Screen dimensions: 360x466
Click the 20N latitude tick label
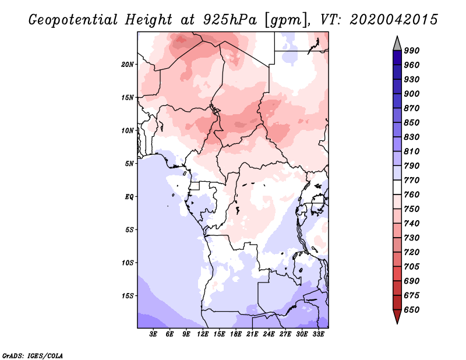coord(128,64)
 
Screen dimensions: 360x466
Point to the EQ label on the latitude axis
coord(129,196)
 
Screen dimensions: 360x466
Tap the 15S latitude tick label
coord(128,295)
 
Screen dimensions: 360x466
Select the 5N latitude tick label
coord(129,163)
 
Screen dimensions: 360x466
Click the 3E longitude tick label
coord(154,334)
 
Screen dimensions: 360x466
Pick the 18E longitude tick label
coord(236,334)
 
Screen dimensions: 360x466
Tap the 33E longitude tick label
coord(318,334)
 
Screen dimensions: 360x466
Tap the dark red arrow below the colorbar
coord(397,317)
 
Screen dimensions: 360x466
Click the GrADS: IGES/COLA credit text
coord(24,355)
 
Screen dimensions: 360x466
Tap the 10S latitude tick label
coord(128,262)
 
